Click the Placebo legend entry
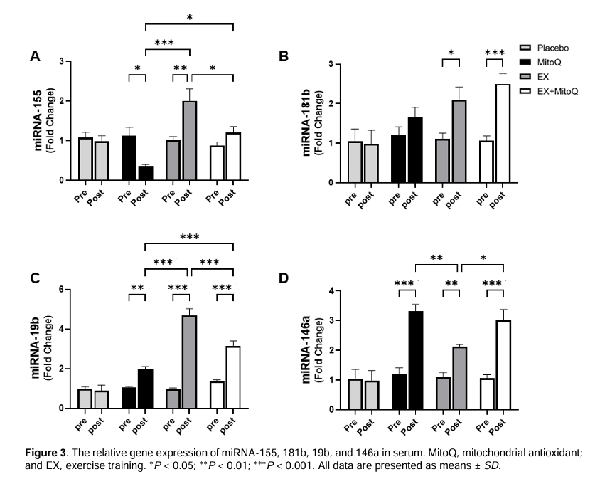click(x=544, y=48)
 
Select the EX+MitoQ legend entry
click(x=549, y=91)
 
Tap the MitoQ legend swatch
click(x=525, y=63)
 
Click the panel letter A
click(x=35, y=57)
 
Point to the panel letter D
click(x=284, y=278)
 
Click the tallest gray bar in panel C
click(x=189, y=362)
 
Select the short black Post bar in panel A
click(x=146, y=173)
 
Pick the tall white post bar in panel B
click(x=503, y=133)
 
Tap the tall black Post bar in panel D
click(x=416, y=360)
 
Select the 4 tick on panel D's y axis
click(x=332, y=291)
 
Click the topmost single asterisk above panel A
click(x=190, y=18)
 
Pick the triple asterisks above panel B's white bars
click(x=495, y=53)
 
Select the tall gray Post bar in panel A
click(x=189, y=140)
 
